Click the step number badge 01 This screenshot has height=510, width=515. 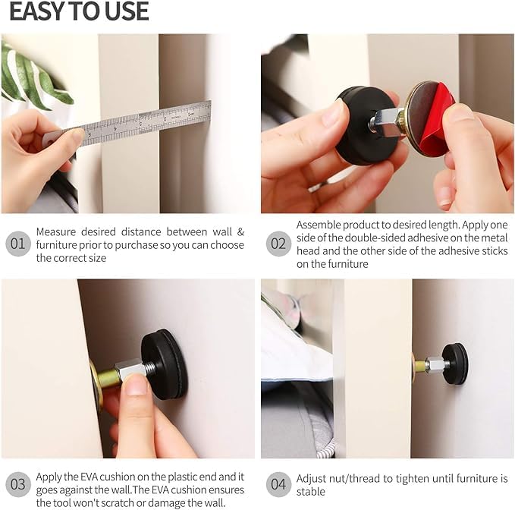point(18,244)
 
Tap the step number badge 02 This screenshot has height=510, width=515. point(278,244)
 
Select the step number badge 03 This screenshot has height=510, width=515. point(18,484)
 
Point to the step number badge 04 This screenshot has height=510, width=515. point(278,484)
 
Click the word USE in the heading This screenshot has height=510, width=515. point(124,11)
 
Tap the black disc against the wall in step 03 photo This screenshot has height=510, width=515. point(165,364)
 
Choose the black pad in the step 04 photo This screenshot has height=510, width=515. point(456,364)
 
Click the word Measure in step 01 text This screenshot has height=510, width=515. point(56,232)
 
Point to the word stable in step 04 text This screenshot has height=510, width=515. point(311,492)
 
